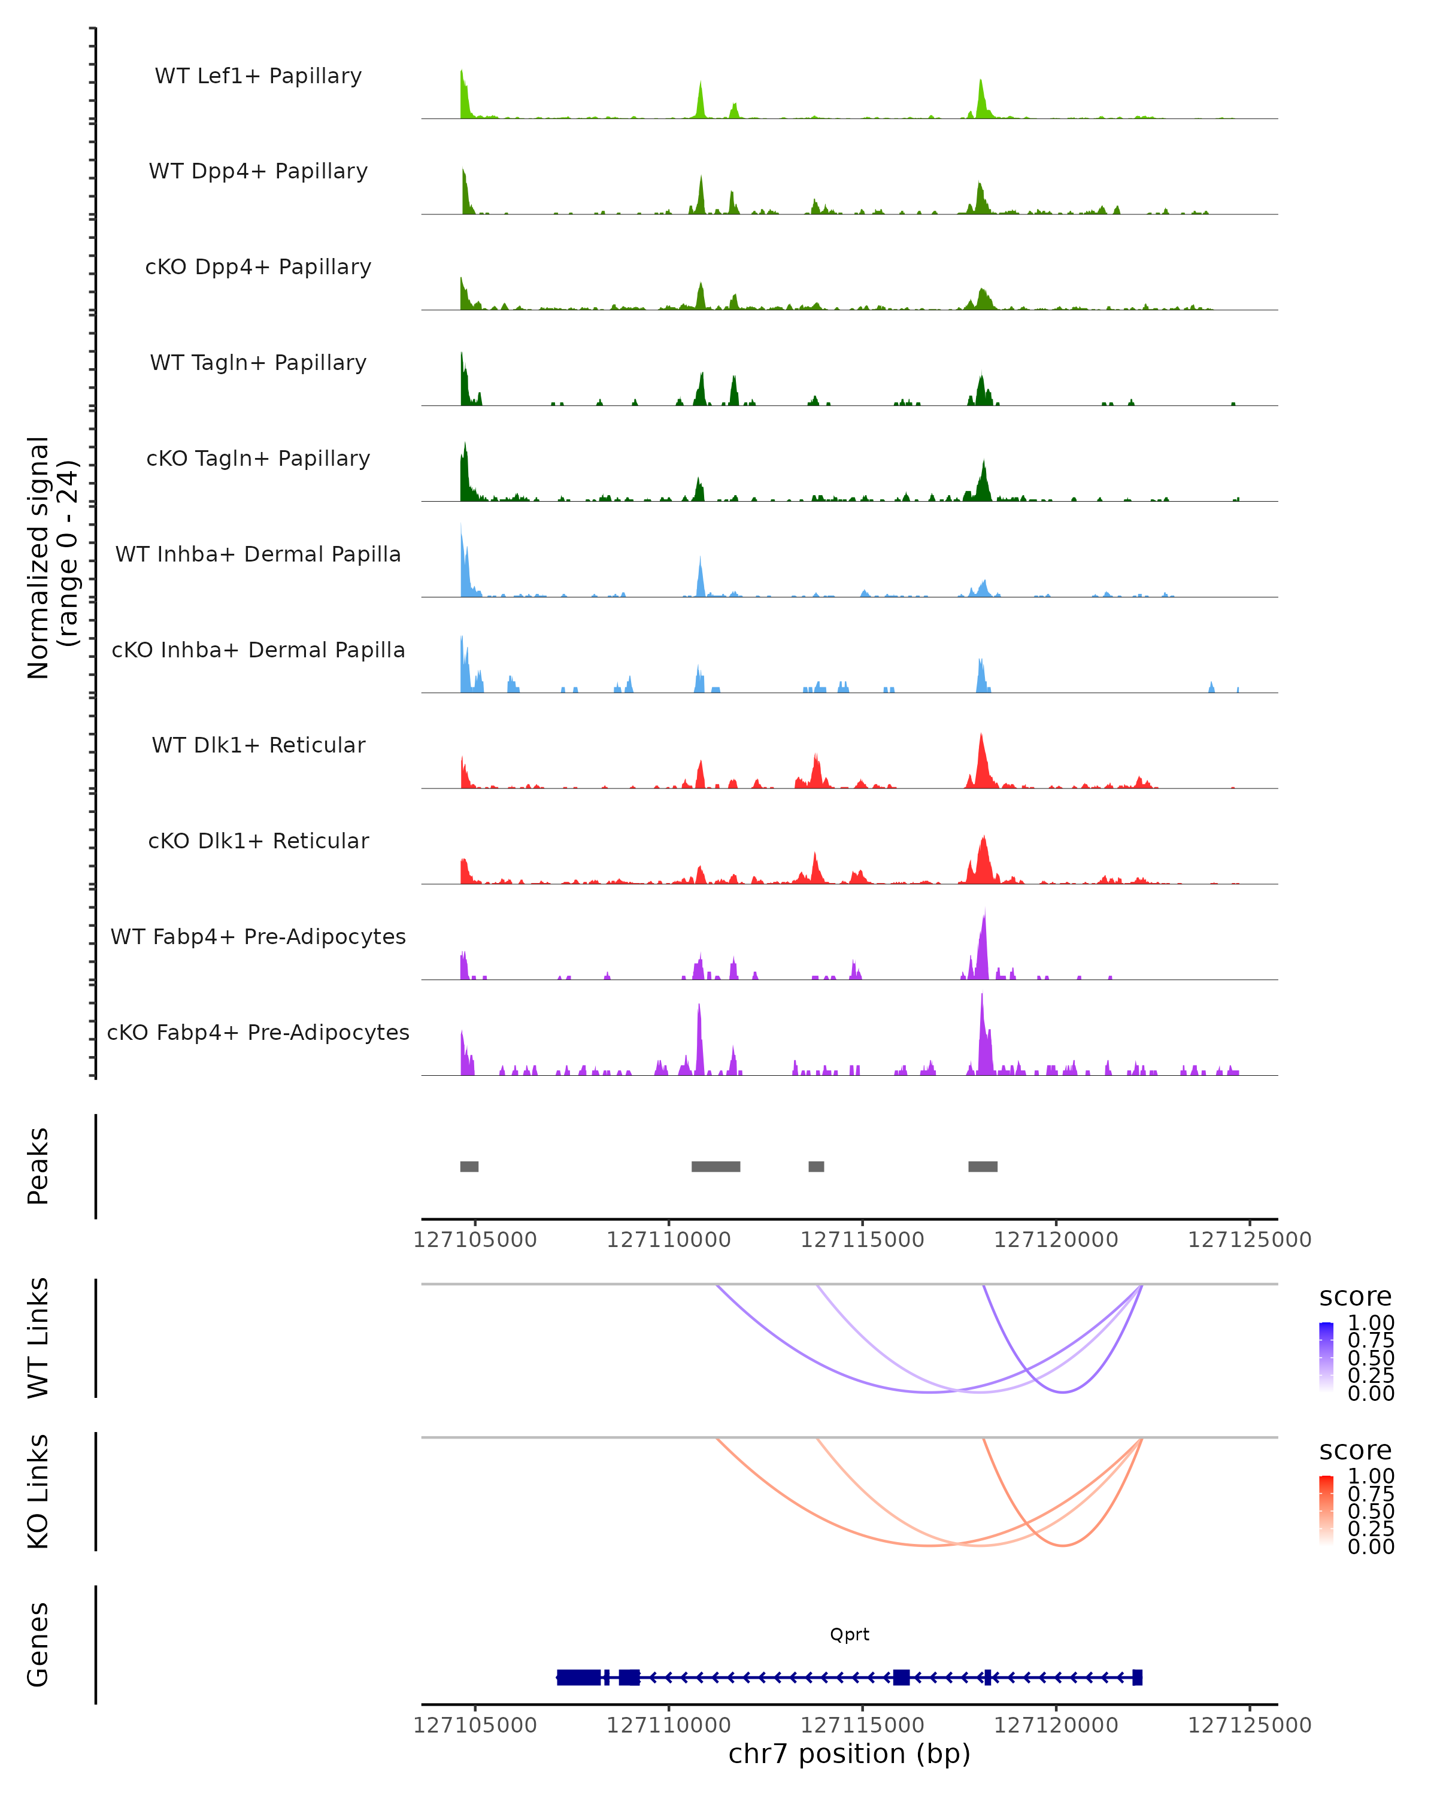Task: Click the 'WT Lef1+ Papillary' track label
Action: tap(258, 76)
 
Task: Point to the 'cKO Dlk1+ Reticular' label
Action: tap(258, 841)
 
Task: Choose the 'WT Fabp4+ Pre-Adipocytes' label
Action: tap(258, 936)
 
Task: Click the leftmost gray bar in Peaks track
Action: tap(469, 1166)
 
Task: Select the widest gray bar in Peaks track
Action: tap(716, 1166)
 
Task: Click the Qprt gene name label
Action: tap(849, 1634)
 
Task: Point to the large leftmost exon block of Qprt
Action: tap(579, 1677)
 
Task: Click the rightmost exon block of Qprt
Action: tap(1137, 1677)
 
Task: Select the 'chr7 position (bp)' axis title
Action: tap(849, 1753)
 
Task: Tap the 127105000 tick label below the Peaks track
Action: tap(475, 1240)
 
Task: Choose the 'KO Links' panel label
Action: tap(38, 1491)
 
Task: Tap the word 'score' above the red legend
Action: tap(1356, 1451)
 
